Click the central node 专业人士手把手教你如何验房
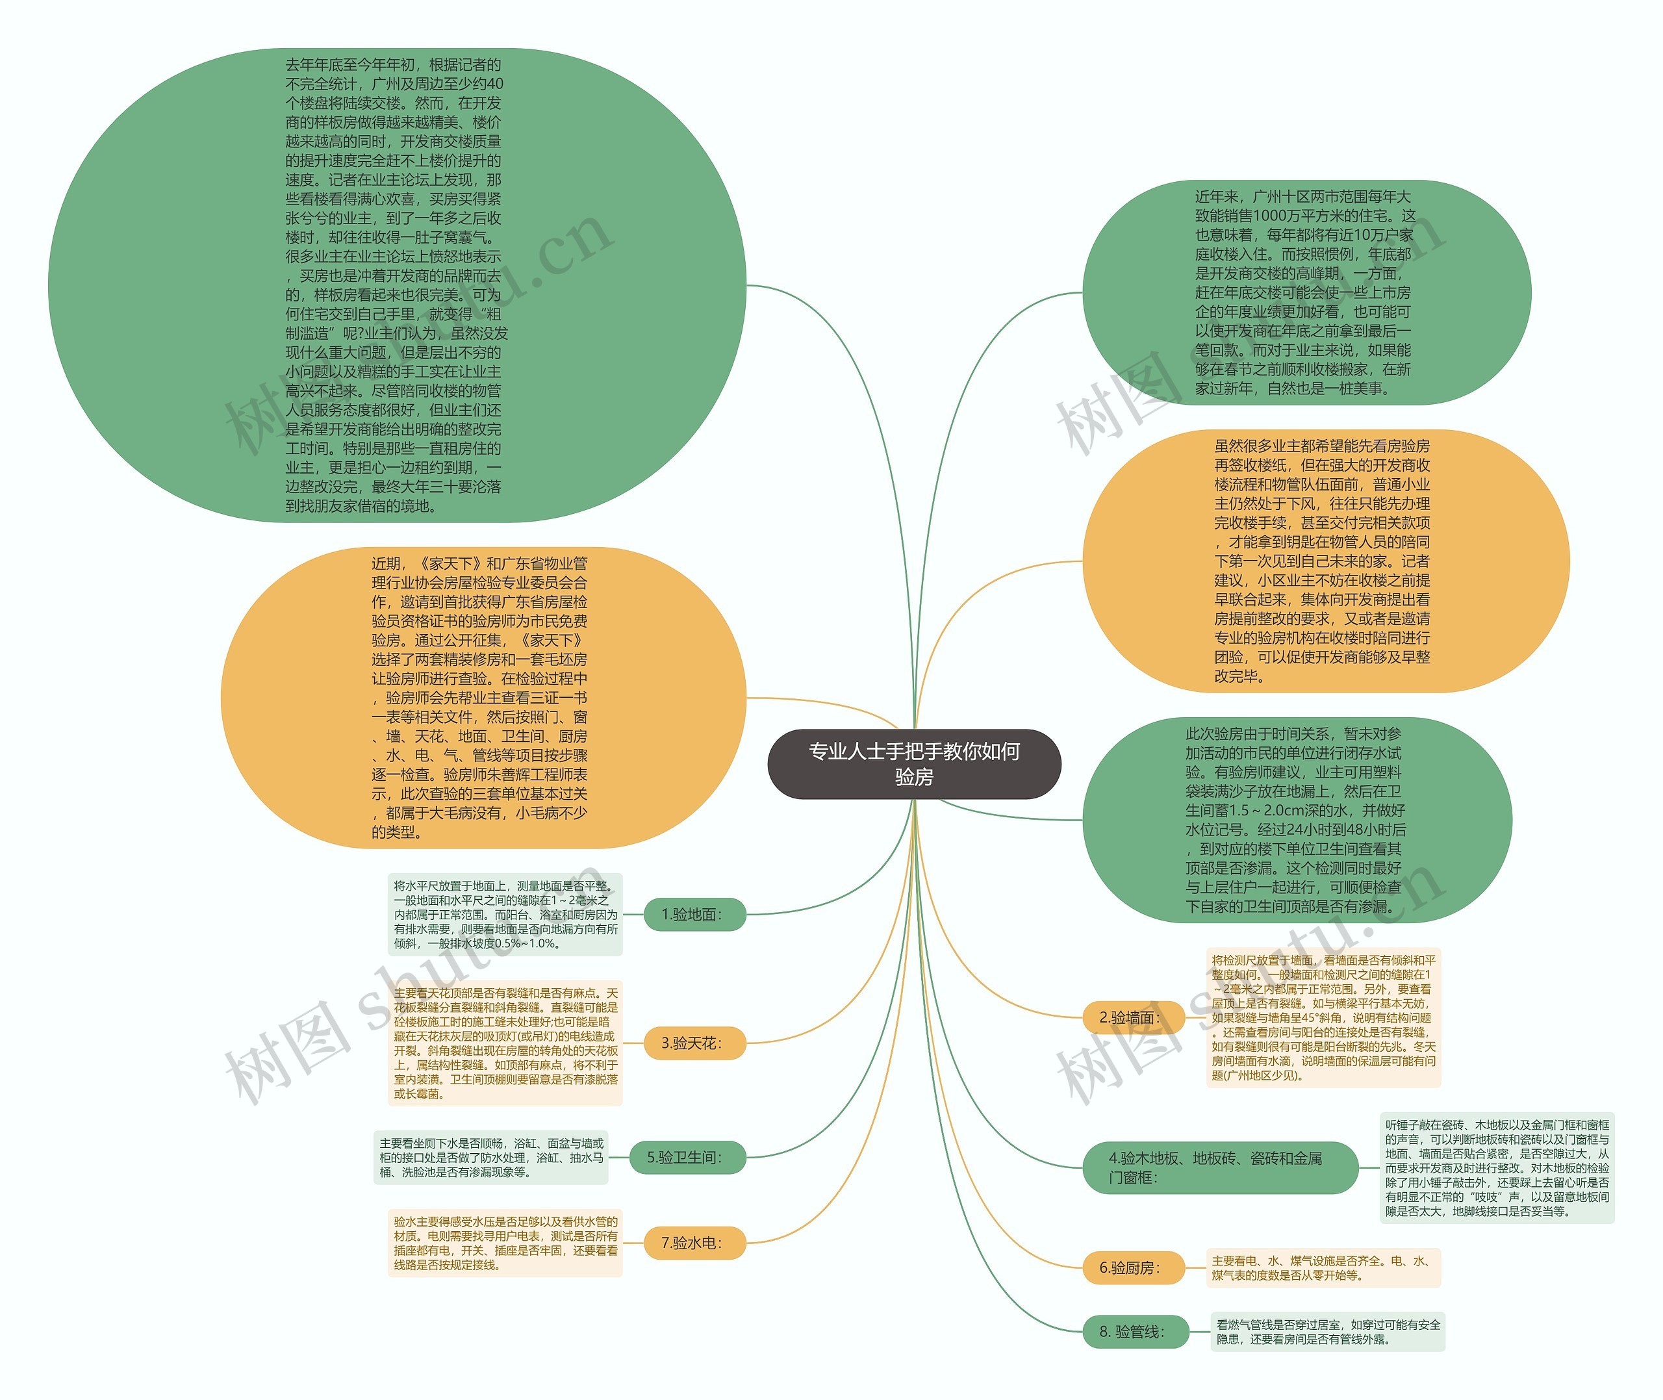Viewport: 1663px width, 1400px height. tap(914, 763)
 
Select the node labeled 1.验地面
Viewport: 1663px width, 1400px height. tap(692, 914)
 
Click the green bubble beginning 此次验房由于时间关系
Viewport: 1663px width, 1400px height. tap(1297, 820)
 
